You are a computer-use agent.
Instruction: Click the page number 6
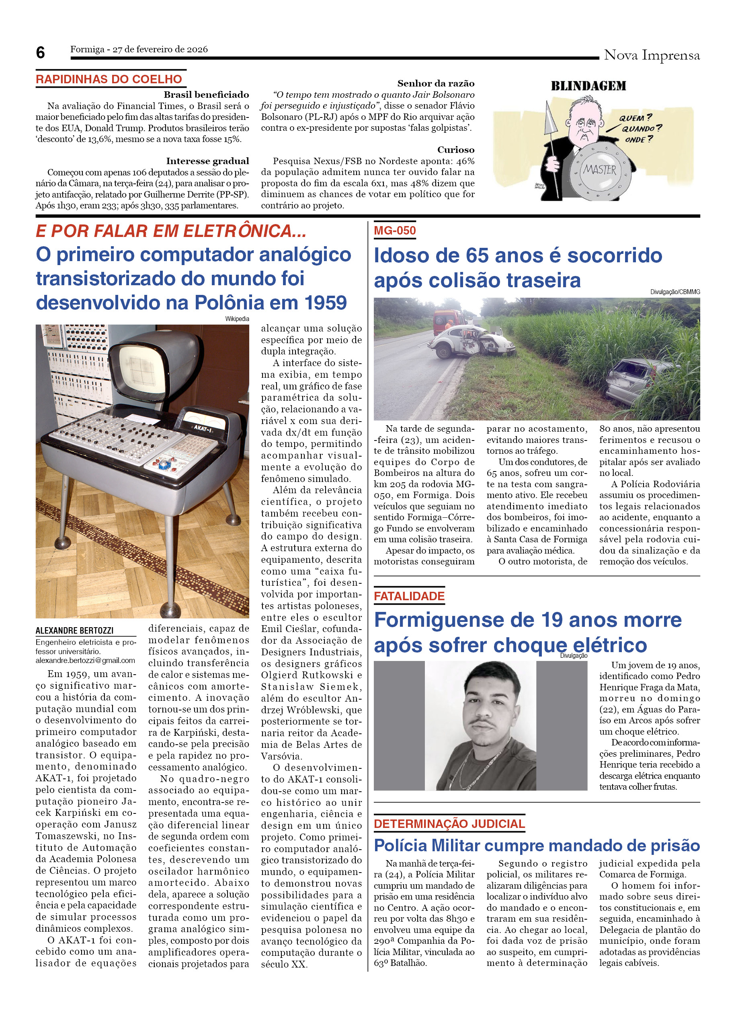(40, 53)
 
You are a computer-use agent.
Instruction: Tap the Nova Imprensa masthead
(651, 55)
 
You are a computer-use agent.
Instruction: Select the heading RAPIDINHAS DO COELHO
(109, 79)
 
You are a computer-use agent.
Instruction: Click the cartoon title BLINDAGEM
(588, 86)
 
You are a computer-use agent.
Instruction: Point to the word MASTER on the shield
(599, 170)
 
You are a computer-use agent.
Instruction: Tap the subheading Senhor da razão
(435, 83)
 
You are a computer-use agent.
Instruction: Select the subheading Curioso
(455, 150)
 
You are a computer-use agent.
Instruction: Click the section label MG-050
(395, 231)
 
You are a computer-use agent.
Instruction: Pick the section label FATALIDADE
(409, 596)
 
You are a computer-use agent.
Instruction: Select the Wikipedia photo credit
(237, 319)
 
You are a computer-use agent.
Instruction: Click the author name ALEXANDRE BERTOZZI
(74, 630)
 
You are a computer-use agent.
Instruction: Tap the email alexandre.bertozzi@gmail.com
(85, 660)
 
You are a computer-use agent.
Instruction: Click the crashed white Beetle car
(470, 342)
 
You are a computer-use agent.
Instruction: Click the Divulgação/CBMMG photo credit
(674, 292)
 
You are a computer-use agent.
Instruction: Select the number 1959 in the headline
(325, 303)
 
